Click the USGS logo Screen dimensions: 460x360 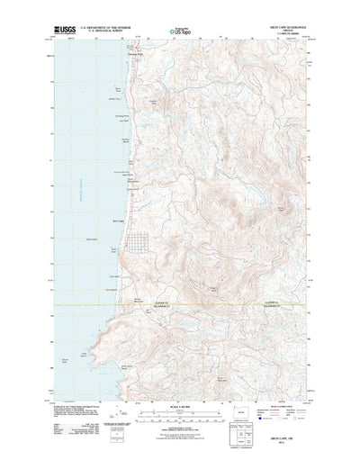coord(67,31)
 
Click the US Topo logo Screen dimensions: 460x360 coord(176,32)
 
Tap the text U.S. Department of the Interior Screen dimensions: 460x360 coord(108,29)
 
